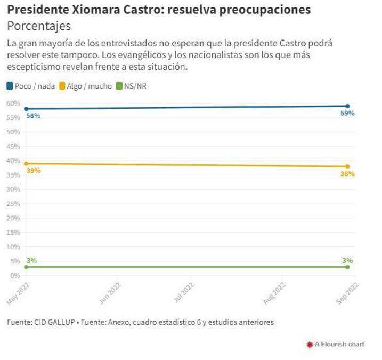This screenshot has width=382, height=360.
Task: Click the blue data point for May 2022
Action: pyautogui.click(x=26, y=109)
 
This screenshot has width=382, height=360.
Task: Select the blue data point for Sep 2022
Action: pyautogui.click(x=347, y=106)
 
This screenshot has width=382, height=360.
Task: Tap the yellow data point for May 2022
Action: pyautogui.click(x=26, y=163)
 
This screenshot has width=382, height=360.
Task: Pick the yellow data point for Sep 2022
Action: pyautogui.click(x=347, y=166)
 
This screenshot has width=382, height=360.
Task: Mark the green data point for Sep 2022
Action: pyautogui.click(x=347, y=267)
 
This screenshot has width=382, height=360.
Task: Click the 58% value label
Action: pyautogui.click(x=33, y=116)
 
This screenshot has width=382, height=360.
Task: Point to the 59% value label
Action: pyautogui.click(x=347, y=114)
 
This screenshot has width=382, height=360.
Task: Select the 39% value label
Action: pyautogui.click(x=33, y=171)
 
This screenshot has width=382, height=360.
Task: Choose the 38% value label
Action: pyautogui.click(x=347, y=174)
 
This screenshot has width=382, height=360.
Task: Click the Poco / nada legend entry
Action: pyautogui.click(x=30, y=85)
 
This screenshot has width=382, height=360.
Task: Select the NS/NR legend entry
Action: pyautogui.click(x=131, y=85)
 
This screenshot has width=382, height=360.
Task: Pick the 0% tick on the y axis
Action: pyautogui.click(x=15, y=275)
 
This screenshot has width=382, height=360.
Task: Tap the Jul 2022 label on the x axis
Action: pyautogui.click(x=184, y=293)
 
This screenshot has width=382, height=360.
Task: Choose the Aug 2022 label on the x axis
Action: pyautogui.click(x=275, y=293)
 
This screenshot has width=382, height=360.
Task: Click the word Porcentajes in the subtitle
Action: pyautogui.click(x=38, y=26)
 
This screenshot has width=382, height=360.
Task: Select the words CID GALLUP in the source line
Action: pyautogui.click(x=53, y=322)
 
